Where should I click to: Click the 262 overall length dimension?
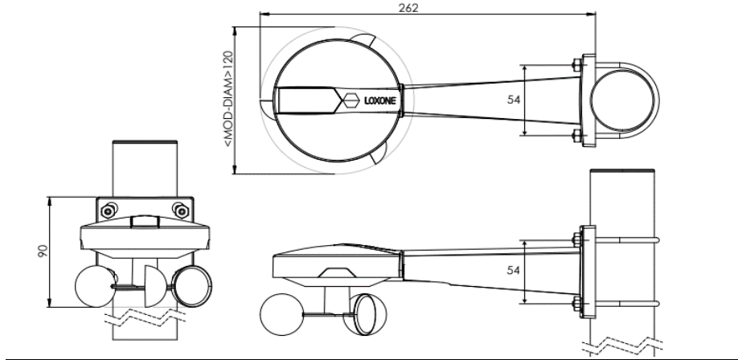click(408, 8)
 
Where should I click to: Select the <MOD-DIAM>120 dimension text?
click(228, 99)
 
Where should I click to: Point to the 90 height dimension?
click(43, 251)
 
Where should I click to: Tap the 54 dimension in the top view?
click(514, 100)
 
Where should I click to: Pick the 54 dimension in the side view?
click(514, 270)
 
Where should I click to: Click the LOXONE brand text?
click(379, 100)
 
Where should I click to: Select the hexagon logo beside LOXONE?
click(351, 100)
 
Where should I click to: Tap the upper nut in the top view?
click(576, 65)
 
